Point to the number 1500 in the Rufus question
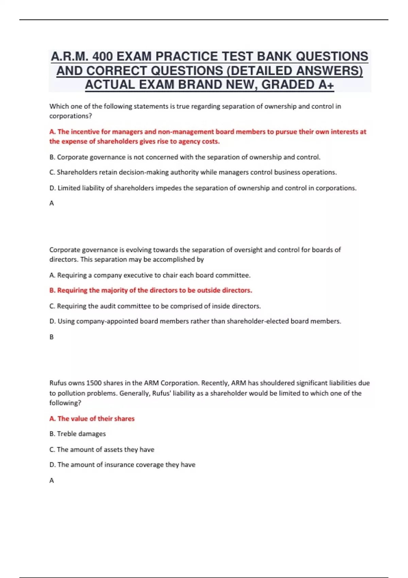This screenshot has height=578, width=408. point(94,383)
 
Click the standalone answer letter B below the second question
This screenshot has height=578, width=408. point(52,337)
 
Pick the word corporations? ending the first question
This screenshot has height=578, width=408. point(70,116)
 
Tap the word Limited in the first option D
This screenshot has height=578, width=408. point(69,188)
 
